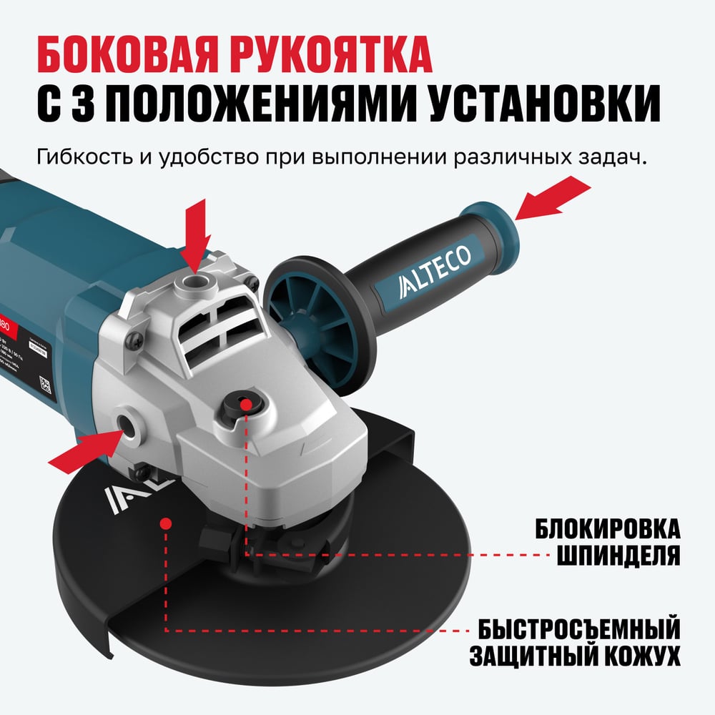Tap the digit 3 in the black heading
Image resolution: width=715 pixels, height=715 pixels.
pos(87,105)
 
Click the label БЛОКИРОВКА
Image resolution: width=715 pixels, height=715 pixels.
pos(606,530)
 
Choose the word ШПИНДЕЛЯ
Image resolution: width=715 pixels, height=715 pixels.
pos(616,555)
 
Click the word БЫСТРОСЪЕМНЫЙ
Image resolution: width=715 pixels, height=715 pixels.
pos(578,630)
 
